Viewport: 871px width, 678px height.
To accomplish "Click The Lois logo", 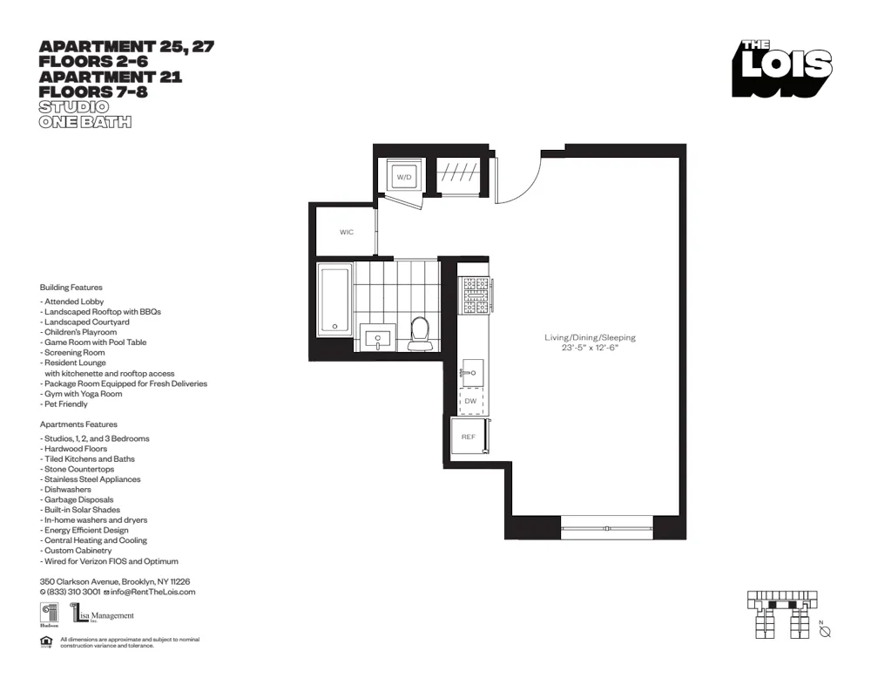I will [781, 69].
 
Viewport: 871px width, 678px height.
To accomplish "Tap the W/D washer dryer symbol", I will [404, 177].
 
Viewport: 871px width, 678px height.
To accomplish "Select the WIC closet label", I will [347, 232].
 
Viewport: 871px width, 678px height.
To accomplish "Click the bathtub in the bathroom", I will [334, 300].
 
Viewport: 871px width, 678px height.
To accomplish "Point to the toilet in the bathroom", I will [420, 333].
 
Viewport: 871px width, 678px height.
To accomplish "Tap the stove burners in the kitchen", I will [476, 295].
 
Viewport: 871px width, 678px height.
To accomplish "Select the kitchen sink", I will [471, 372].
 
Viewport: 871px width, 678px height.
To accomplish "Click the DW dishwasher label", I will [470, 401].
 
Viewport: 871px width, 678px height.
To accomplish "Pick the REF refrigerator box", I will [469, 436].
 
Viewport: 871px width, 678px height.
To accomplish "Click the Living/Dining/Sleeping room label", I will [590, 337].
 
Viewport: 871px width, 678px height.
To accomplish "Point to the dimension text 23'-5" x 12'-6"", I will [590, 349].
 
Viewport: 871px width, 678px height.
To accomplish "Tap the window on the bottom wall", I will [606, 527].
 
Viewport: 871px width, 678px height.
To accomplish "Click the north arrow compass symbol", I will [824, 631].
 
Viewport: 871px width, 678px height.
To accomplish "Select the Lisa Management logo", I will [103, 615].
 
